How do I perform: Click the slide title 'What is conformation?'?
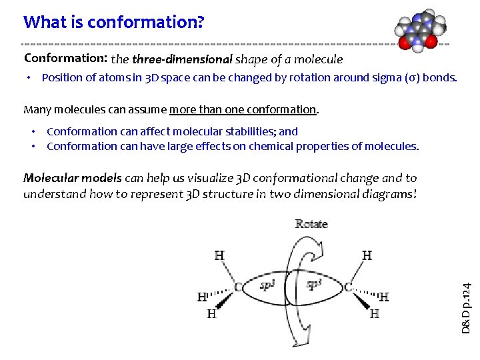point(113,22)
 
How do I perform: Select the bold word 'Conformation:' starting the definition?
point(65,59)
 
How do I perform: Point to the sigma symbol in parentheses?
point(413,77)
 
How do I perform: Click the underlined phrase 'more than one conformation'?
point(243,109)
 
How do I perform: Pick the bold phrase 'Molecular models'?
point(73,178)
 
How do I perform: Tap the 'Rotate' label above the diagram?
point(311,224)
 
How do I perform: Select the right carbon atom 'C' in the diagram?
point(348,287)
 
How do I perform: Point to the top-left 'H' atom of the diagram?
point(219,255)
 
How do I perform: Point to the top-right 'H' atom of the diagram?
point(367,255)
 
